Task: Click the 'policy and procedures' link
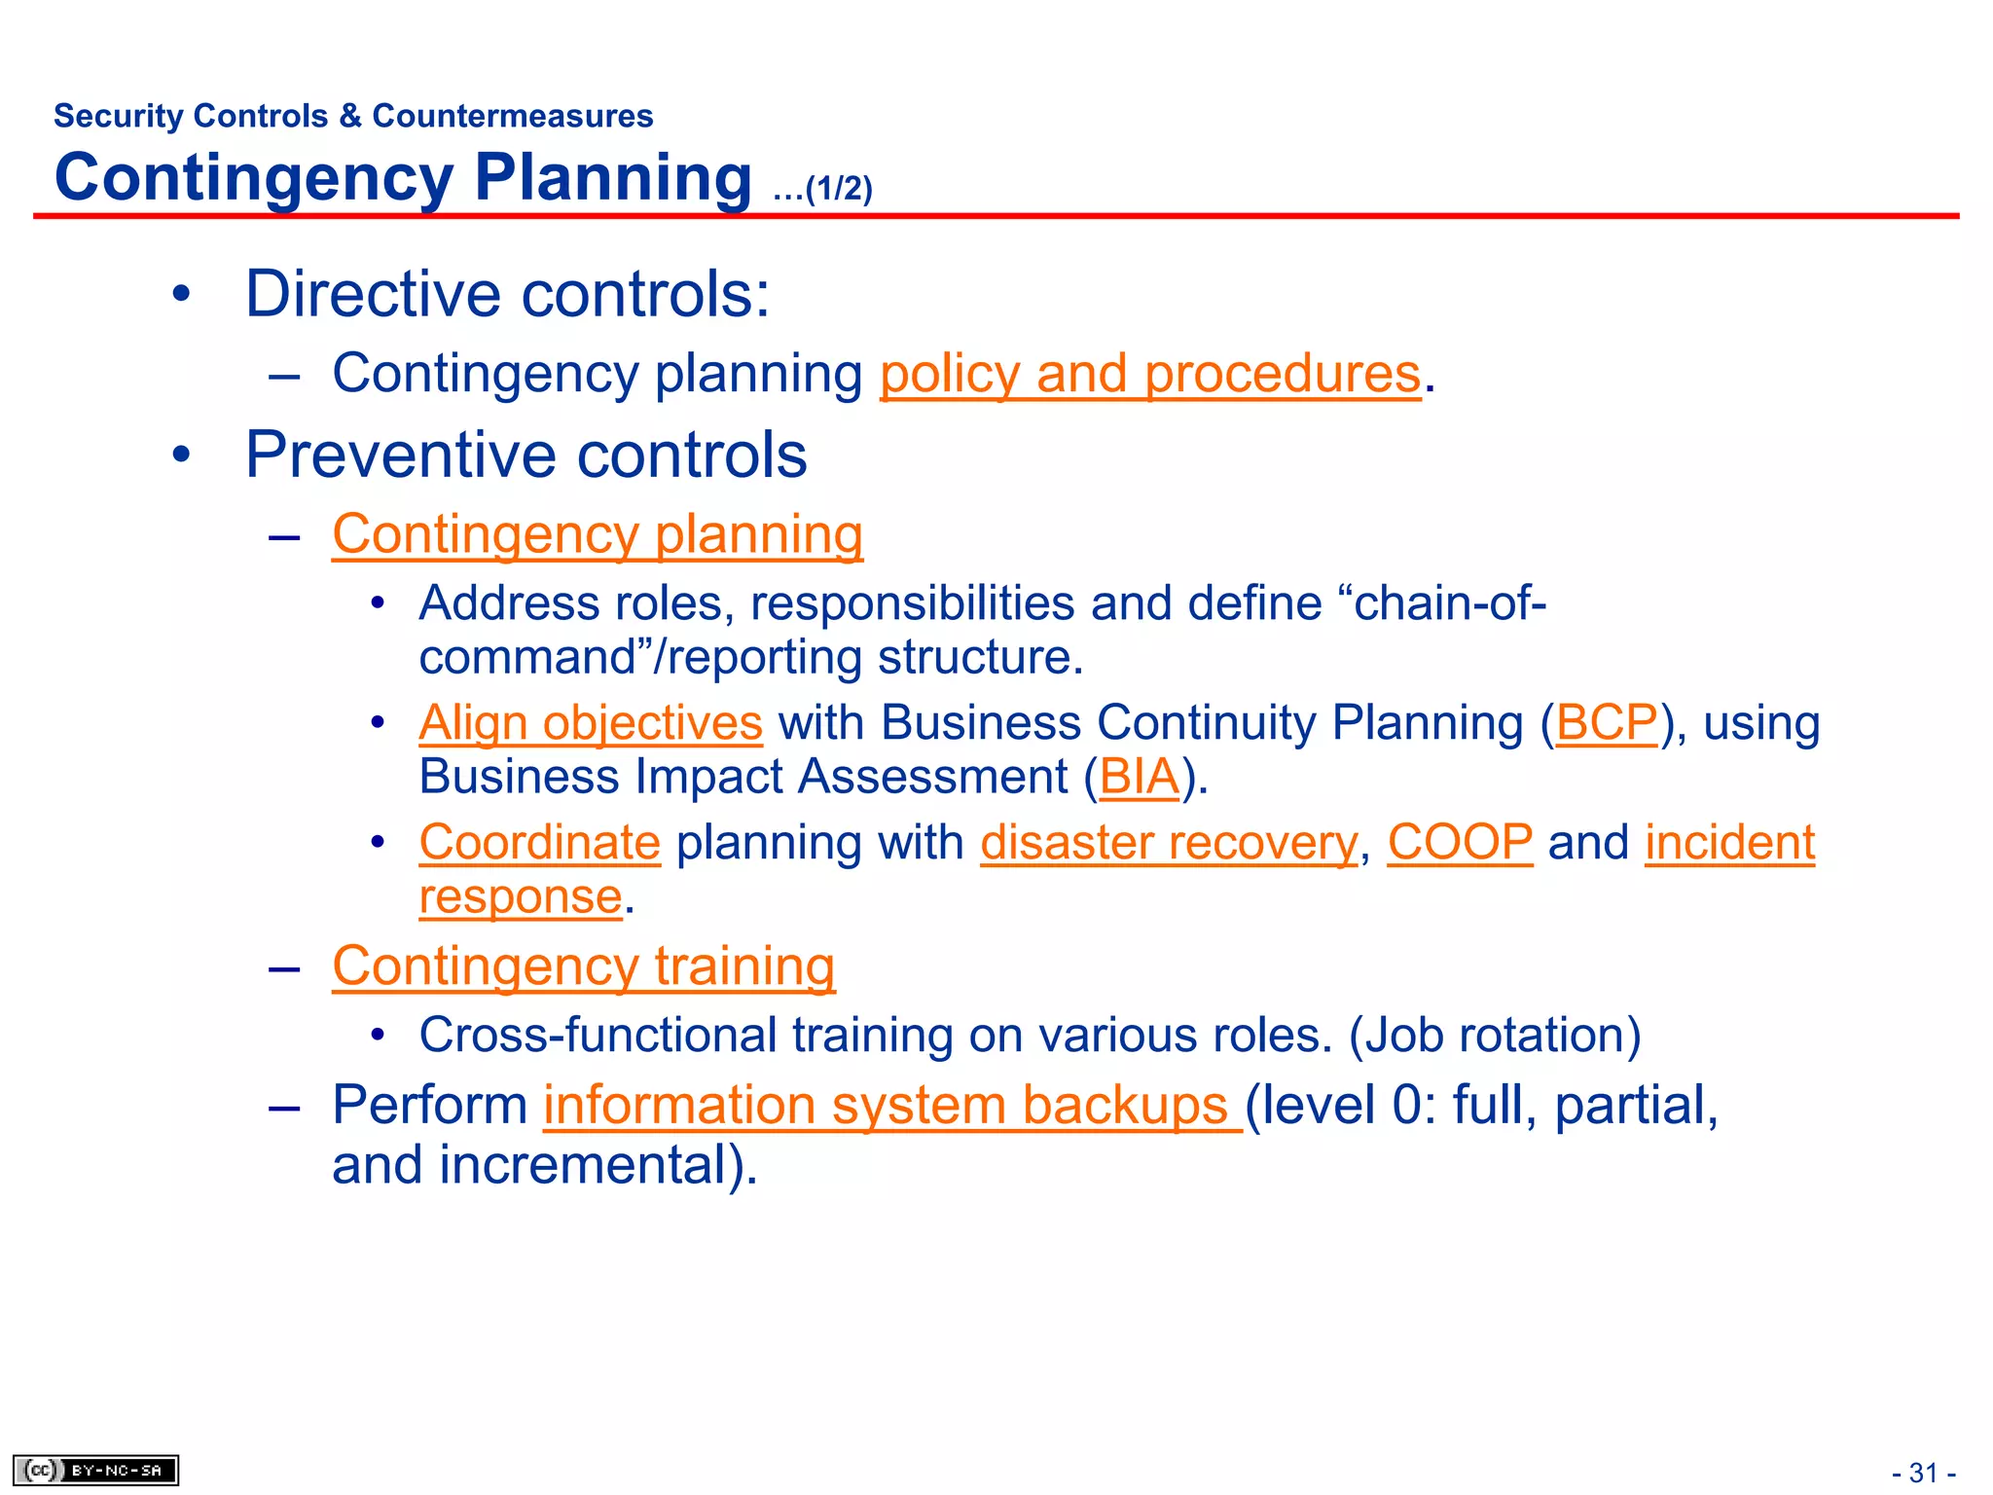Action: click(x=1150, y=375)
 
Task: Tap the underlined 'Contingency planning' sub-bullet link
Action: click(x=598, y=535)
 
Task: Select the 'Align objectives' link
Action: click(x=591, y=723)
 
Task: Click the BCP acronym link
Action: click(x=1606, y=723)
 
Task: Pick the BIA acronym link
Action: click(x=1139, y=778)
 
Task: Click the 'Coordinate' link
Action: click(x=540, y=843)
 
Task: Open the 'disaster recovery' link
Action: click(x=1168, y=843)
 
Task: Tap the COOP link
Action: click(x=1460, y=843)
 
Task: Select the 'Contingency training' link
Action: click(x=584, y=967)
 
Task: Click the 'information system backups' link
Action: click(x=891, y=1107)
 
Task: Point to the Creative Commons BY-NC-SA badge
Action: click(x=95, y=1470)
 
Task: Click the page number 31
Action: click(x=1923, y=1473)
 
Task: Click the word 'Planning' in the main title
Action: click(x=613, y=178)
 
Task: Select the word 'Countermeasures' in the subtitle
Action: click(x=513, y=116)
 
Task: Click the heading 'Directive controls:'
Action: click(x=507, y=294)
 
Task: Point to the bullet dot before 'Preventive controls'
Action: click(x=181, y=456)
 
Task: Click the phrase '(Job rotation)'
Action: click(x=1495, y=1036)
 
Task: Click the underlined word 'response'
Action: click(x=521, y=897)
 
